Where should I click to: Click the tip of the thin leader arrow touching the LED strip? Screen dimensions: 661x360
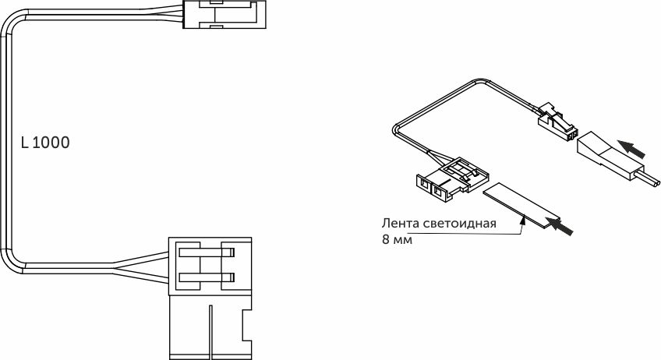click(523, 216)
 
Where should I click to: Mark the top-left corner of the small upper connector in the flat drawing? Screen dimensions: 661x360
click(183, 1)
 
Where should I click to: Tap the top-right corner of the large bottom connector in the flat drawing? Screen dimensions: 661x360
click(252, 238)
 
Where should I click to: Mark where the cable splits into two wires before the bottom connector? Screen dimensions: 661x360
click(113, 265)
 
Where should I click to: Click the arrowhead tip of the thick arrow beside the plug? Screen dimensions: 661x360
click(618, 143)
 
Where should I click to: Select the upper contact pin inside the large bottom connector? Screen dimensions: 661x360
click(207, 253)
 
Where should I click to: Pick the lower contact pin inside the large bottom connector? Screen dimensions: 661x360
click(207, 277)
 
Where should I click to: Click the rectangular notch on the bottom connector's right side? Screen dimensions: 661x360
click(246, 326)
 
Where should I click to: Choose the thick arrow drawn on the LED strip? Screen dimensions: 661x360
click(559, 225)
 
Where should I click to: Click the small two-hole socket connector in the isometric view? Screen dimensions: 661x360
click(557, 122)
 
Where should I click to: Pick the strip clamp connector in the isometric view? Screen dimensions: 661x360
click(452, 179)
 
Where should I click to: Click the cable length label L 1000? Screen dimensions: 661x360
click(45, 143)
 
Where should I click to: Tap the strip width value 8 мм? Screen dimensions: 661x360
click(397, 240)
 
